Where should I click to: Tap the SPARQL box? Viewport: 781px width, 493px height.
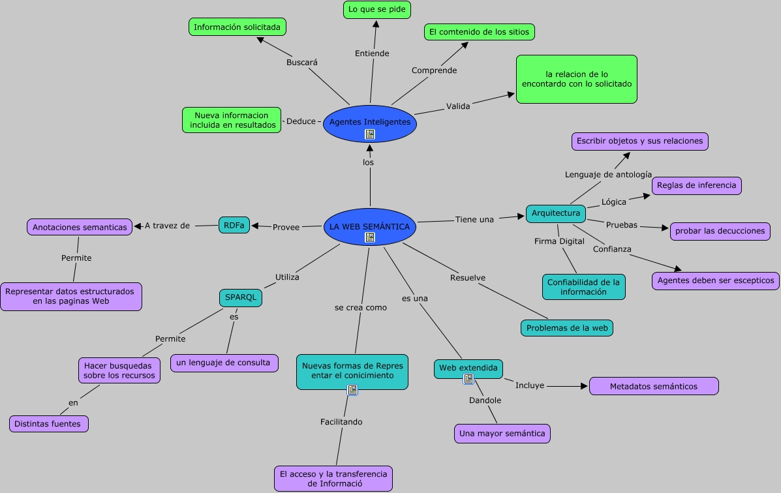click(x=241, y=297)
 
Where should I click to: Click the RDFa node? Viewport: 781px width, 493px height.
click(x=234, y=225)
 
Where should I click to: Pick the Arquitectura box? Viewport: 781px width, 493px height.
click(x=555, y=213)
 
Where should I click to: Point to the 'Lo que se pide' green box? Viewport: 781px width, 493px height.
click(x=376, y=9)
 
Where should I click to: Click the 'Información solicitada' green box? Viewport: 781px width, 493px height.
click(x=237, y=27)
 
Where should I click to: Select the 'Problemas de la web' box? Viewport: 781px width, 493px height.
click(x=566, y=328)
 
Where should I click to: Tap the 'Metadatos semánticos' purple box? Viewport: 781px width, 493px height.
click(x=653, y=386)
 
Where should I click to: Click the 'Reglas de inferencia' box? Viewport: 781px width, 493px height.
click(x=696, y=185)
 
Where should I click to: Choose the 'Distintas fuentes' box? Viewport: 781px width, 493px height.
click(x=48, y=424)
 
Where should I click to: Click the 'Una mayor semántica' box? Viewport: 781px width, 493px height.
click(x=502, y=433)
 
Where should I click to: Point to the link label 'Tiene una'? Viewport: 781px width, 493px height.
click(x=474, y=219)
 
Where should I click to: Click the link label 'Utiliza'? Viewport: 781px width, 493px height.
click(x=287, y=277)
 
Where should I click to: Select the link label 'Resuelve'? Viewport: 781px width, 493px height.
click(x=468, y=278)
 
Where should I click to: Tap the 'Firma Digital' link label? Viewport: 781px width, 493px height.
click(x=559, y=241)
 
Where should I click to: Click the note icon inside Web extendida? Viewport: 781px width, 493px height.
click(x=468, y=379)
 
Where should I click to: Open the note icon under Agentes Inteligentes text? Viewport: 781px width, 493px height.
click(x=370, y=134)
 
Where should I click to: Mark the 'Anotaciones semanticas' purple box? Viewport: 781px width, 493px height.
click(x=80, y=227)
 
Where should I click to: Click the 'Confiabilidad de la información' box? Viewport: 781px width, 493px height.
click(x=583, y=287)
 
